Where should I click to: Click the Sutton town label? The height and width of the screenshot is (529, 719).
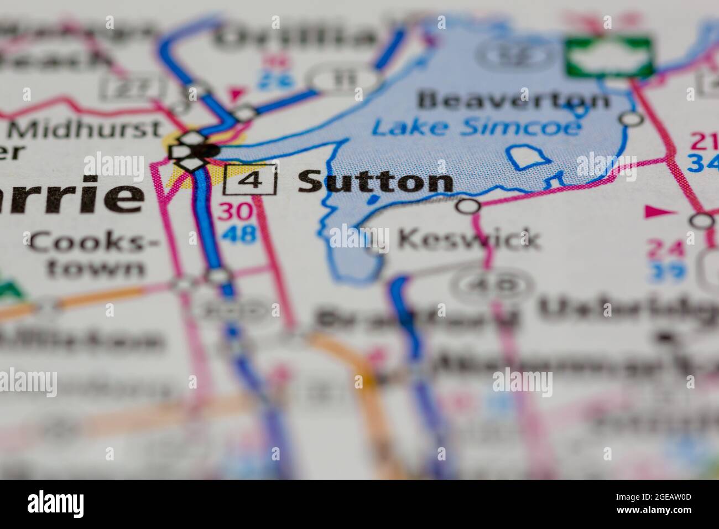pos(376,182)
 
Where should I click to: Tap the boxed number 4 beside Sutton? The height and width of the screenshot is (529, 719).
pos(250,181)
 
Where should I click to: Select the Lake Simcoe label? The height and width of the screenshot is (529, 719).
pos(476,127)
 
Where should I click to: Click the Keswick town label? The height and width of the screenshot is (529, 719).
pos(468,239)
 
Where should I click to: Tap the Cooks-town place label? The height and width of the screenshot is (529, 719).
pos(94,255)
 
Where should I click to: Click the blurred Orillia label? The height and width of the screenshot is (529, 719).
pos(296,37)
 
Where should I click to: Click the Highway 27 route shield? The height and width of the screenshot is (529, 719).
pos(134,86)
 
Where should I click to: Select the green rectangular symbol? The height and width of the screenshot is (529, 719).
pos(608,56)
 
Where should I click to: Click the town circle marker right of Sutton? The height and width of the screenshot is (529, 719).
pos(469,206)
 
